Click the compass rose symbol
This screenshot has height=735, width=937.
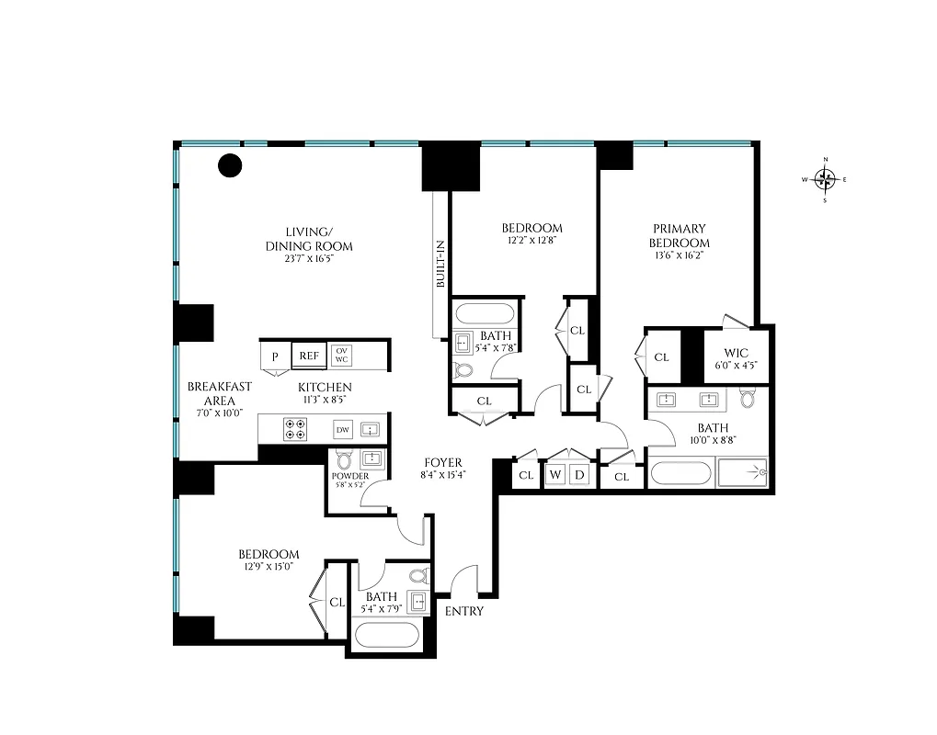pos(825,179)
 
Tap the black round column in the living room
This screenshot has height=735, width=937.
pos(229,165)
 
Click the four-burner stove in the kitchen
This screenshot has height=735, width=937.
pos(296,429)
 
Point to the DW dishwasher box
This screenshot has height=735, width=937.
pos(342,429)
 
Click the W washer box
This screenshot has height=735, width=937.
pos(554,475)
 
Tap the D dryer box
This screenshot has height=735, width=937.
pos(579,475)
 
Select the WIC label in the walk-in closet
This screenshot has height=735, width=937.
pos(736,353)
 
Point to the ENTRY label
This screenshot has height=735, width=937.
pos(463,611)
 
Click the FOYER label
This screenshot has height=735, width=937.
pos(442,462)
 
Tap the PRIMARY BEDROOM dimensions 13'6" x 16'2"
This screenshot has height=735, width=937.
pos(680,256)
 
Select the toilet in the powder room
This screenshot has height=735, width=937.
pos(345,460)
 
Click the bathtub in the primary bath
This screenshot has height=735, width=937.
pos(681,475)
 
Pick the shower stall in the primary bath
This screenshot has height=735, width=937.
pos(742,473)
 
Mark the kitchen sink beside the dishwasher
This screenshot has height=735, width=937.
pos(371,429)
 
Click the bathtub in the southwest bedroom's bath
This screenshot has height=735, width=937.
pos(387,635)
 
